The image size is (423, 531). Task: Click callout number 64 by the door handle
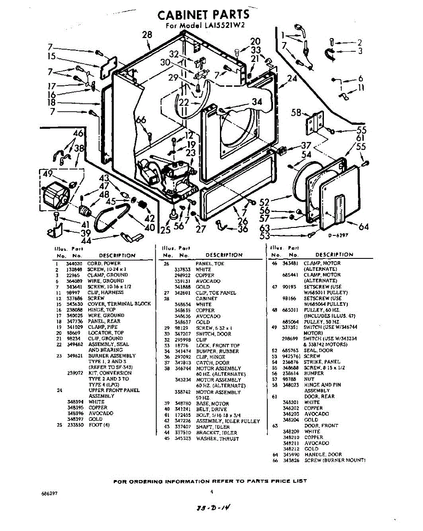(363, 227)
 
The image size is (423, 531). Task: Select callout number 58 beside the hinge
(296, 112)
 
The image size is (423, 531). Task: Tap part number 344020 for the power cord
(72, 263)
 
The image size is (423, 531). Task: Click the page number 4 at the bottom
(212, 491)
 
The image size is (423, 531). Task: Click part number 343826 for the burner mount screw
(291, 460)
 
